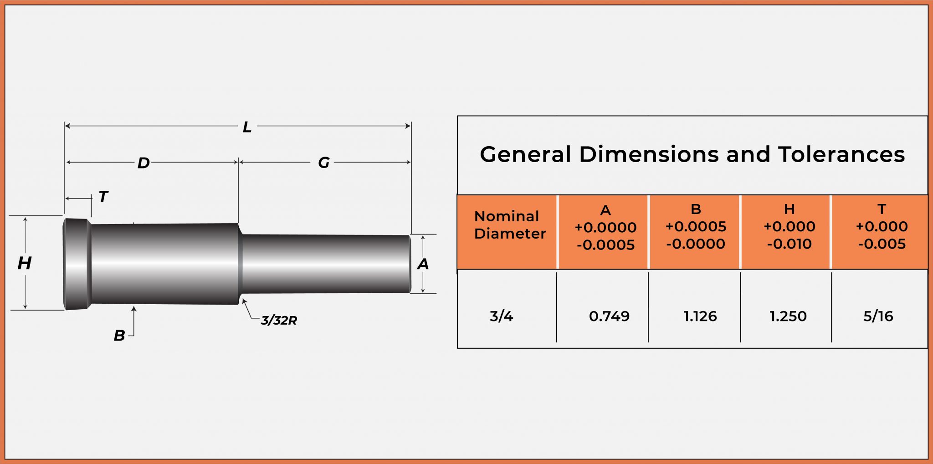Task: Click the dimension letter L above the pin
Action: (247, 127)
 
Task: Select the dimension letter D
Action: (144, 163)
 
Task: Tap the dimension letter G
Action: (323, 163)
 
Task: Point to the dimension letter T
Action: (103, 197)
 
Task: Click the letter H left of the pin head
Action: (24, 263)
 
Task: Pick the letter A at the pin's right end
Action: (423, 264)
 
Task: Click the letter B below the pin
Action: (119, 336)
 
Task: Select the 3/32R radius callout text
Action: (279, 321)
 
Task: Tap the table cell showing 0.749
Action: (609, 316)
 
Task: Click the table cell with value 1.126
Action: (700, 316)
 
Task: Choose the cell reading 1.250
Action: (788, 316)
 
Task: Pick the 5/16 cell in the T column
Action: (878, 316)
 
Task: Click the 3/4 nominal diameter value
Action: (501, 316)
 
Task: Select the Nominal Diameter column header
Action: (509, 225)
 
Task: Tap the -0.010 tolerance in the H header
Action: (789, 244)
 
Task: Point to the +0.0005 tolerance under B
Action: (696, 226)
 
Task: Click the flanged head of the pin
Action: (76, 264)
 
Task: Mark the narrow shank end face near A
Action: (409, 264)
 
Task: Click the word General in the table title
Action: (525, 154)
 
